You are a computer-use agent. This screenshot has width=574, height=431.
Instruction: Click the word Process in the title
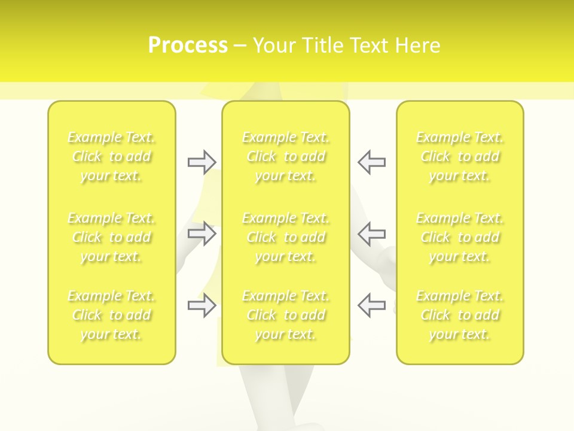(188, 45)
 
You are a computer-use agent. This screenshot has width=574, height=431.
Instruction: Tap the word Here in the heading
(418, 45)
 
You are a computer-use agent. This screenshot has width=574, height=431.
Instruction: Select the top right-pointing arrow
(202, 162)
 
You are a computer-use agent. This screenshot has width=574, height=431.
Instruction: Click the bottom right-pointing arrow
(202, 305)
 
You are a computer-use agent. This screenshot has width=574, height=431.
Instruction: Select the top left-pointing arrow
(371, 162)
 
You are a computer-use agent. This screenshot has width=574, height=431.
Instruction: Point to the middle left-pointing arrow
(371, 233)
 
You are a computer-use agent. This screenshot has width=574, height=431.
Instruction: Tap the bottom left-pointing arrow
(371, 305)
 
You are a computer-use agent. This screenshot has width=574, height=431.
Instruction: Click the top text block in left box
(111, 157)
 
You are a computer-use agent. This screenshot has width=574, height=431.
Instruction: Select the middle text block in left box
(111, 237)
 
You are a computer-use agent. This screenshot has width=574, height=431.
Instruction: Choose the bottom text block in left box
(111, 315)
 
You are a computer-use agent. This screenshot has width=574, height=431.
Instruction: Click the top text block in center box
(286, 157)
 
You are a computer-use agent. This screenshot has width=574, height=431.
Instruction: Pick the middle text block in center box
(286, 237)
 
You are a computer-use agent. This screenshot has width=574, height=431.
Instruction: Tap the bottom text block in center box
(286, 315)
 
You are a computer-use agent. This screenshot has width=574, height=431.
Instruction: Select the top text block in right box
(460, 157)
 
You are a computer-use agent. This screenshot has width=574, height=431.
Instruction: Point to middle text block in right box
(460, 237)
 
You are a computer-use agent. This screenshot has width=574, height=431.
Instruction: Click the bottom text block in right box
(460, 315)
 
